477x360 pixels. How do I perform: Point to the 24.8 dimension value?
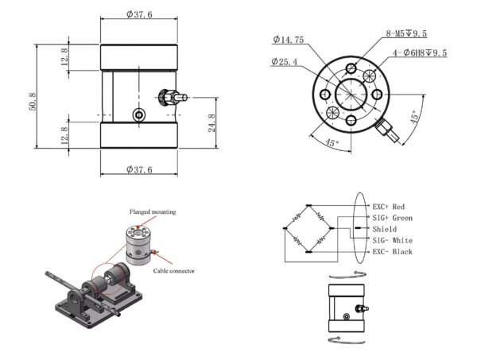pos(213,125)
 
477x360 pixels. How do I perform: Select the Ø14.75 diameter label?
pos(288,39)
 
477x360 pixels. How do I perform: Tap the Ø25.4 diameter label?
pos(285,61)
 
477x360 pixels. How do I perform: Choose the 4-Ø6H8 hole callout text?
pos(420,53)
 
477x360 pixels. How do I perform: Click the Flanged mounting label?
pos(153,212)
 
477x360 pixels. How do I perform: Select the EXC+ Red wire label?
pos(389,207)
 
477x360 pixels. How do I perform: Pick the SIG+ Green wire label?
pos(392,218)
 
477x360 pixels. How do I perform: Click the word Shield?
pos(384,229)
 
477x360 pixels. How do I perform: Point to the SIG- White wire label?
pos(392,240)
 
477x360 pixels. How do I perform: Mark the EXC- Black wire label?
pos(392,252)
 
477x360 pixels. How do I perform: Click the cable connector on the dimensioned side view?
pos(174,98)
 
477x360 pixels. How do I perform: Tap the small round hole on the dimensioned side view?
pos(139,115)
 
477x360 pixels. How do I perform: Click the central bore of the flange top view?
pos(349,94)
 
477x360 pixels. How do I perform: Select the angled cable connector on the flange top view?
pos(387,127)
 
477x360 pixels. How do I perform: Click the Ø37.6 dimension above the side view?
pos(139,14)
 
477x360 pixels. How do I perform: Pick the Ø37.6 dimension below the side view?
pos(139,169)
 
